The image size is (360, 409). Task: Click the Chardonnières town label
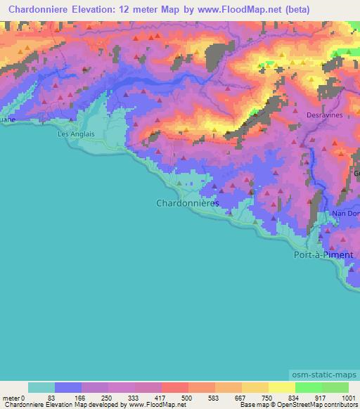186,202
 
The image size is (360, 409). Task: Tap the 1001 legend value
349,398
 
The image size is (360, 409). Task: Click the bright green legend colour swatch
309,388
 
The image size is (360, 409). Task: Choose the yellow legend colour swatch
282,388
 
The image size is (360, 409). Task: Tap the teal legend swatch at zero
41,388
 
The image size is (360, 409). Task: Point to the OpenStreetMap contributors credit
315,405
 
